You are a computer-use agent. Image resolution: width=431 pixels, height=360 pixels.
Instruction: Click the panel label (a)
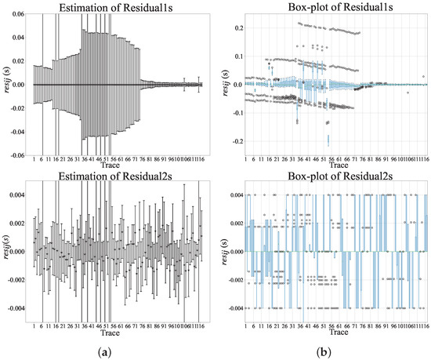tap(116, 351)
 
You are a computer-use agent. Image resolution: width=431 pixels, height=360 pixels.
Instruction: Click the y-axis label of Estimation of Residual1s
tap(6, 85)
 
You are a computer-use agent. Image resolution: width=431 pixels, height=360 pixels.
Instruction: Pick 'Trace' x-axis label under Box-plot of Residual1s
tap(335, 166)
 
